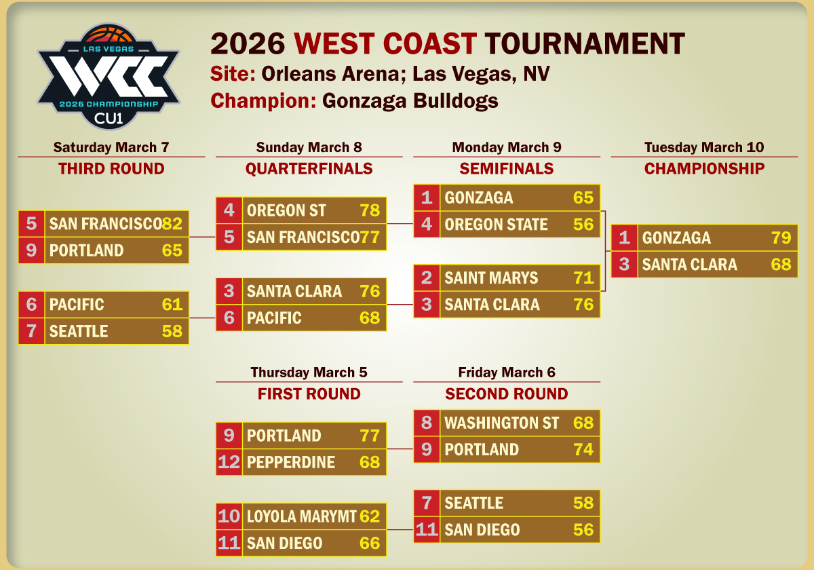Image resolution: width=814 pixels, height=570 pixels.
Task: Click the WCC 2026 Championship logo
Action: [x=109, y=76]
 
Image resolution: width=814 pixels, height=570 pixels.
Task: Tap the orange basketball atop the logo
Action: [x=109, y=34]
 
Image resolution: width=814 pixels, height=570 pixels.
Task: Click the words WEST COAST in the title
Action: [x=385, y=43]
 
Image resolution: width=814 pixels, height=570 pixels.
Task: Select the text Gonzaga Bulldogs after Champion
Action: [x=410, y=100]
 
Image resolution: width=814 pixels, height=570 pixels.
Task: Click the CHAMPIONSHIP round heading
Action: [x=704, y=169]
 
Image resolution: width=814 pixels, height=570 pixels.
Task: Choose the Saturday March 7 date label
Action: [x=111, y=147]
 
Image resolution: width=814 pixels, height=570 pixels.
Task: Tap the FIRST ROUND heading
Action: [x=309, y=394]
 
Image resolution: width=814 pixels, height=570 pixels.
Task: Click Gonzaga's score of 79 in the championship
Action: [x=781, y=237]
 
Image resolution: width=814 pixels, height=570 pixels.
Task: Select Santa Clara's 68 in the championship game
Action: [x=781, y=264]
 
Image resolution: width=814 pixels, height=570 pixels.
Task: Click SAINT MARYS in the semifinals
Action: [x=491, y=278]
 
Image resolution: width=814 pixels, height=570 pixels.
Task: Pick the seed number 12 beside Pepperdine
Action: [x=229, y=462]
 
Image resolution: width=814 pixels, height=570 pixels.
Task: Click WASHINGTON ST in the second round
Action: [x=501, y=423]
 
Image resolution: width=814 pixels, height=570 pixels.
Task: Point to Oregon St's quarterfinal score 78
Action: [x=370, y=210]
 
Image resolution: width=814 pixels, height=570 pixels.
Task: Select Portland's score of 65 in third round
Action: [x=172, y=250]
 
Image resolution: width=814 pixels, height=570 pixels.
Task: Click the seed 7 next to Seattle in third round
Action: [x=31, y=331]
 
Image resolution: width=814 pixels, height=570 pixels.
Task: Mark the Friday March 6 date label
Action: [x=507, y=373]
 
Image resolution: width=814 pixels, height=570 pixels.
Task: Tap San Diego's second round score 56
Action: [x=583, y=530]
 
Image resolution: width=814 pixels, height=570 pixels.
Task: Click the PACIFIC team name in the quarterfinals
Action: [x=274, y=318]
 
